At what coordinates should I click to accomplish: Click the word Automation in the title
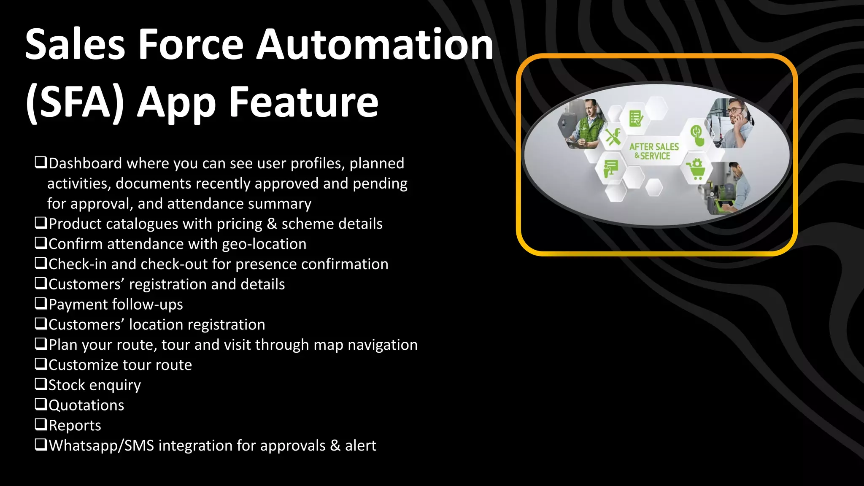[x=375, y=45]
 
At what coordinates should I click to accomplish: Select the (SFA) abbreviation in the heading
[x=75, y=102]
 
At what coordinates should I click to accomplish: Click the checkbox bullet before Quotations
[x=40, y=404]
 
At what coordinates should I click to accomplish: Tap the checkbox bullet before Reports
[x=40, y=424]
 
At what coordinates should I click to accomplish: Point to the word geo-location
[x=264, y=244]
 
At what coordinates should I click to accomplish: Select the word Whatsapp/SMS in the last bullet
[x=101, y=445]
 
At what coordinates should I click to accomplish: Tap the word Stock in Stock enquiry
[x=67, y=385]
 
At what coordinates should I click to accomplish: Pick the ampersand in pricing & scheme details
[x=272, y=224]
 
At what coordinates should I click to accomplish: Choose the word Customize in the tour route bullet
[x=84, y=365]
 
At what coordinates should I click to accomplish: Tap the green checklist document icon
[x=636, y=119]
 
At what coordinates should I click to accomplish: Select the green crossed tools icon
[x=613, y=137]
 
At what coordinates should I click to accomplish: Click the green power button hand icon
[x=697, y=135]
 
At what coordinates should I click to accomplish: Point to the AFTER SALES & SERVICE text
[x=653, y=151]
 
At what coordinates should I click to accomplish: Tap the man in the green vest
[x=587, y=125]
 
